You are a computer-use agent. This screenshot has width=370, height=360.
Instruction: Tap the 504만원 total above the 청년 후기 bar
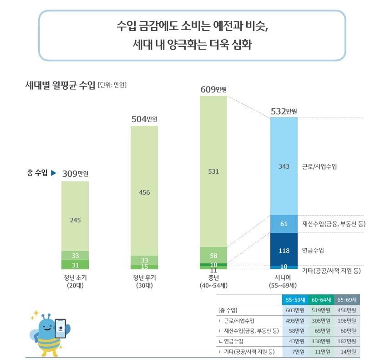pyautogui.click(x=144, y=119)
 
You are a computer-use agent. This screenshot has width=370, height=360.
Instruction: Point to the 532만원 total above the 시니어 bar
pyautogui.click(x=284, y=111)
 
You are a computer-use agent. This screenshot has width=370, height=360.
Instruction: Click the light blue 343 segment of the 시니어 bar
pyautogui.click(x=284, y=166)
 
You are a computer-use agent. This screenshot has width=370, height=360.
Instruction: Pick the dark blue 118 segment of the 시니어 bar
pyautogui.click(x=284, y=250)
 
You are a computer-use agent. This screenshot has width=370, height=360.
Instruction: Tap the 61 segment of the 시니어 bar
pyautogui.click(x=284, y=224)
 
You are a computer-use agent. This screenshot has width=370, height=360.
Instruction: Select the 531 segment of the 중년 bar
pyautogui.click(x=213, y=172)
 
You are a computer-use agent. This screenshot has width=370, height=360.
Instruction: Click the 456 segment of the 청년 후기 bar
pyautogui.click(x=144, y=192)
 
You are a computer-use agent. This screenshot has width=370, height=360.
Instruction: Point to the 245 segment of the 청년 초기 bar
pyautogui.click(x=75, y=220)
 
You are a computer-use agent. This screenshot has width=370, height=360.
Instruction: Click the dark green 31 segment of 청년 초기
pyautogui.click(x=75, y=265)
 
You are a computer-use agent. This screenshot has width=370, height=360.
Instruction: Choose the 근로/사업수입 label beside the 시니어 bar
pyautogui.click(x=319, y=167)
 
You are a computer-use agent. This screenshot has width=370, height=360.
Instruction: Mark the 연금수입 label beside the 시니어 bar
pyautogui.click(x=314, y=251)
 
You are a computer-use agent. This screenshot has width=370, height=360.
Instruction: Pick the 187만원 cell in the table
pyautogui.click(x=347, y=341)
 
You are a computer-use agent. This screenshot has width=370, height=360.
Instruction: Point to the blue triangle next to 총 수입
pyautogui.click(x=53, y=173)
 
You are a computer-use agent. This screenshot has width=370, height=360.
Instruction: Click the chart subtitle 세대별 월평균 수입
pyautogui.click(x=61, y=85)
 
